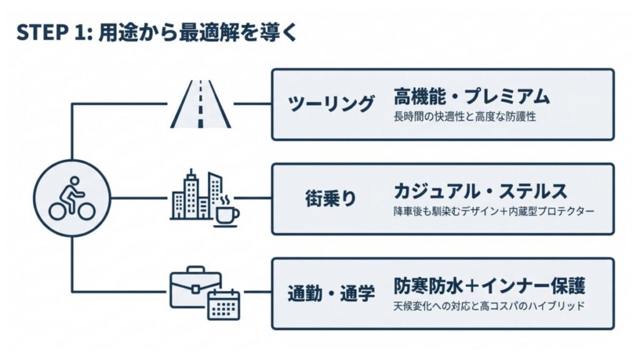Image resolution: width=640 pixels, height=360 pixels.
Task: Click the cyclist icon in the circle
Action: tap(72, 198)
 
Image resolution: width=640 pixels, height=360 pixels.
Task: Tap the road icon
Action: tap(200, 104)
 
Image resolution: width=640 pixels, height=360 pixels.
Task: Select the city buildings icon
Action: tap(196, 196)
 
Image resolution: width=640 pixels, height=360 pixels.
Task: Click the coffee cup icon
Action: tap(227, 211)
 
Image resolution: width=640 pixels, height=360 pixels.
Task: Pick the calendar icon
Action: tap(224, 304)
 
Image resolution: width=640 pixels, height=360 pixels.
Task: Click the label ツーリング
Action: tap(331, 104)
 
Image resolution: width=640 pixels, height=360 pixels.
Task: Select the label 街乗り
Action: tap(331, 198)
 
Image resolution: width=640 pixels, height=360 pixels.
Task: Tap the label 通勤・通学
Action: tap(331, 292)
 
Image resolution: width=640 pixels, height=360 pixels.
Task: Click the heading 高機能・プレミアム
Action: tap(472, 97)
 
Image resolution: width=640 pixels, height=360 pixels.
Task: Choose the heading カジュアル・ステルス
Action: tap(480, 191)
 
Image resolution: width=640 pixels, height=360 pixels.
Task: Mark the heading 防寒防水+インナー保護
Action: tap(489, 286)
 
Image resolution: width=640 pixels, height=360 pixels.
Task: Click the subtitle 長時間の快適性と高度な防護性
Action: tap(465, 117)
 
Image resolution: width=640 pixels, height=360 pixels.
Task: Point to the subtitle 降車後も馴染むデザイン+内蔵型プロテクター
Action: tap(493, 211)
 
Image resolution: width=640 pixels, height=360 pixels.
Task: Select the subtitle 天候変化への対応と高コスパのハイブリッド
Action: tap(489, 306)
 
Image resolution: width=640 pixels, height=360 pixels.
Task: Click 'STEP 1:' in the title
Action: tap(54, 33)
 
